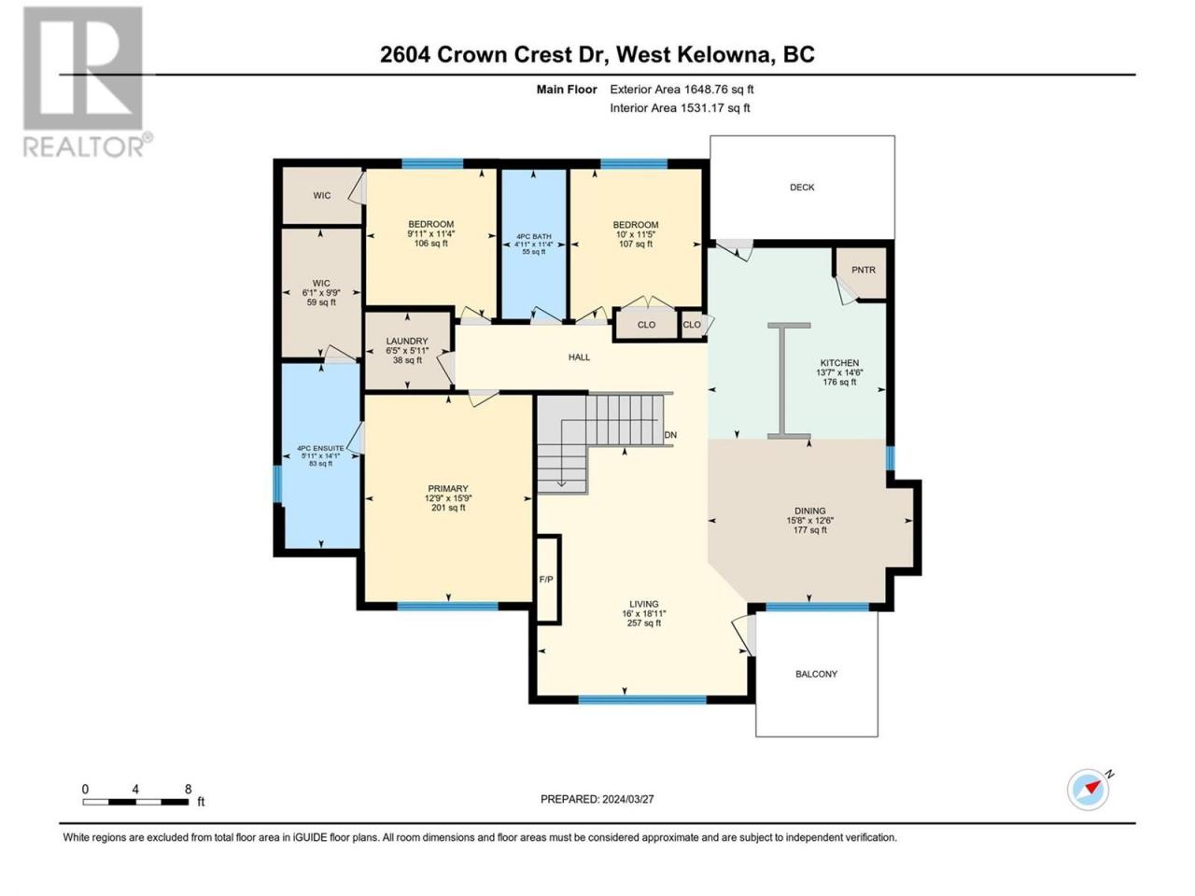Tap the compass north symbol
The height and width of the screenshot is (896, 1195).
[1088, 789]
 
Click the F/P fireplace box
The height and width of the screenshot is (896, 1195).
[548, 579]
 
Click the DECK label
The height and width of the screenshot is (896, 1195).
[802, 188]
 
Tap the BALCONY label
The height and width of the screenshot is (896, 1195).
[816, 674]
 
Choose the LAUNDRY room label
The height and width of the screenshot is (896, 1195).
[407, 341]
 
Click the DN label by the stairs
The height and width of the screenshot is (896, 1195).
[670, 435]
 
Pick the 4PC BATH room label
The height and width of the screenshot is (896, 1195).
[533, 237]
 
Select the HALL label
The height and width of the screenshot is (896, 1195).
[579, 357]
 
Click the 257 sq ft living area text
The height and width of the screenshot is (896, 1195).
[644, 623]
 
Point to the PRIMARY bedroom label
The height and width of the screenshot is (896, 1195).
[448, 488]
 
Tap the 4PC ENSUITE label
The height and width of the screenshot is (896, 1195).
[320, 448]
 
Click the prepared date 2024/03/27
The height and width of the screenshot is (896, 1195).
[627, 799]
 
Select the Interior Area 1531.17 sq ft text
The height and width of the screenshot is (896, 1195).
[680, 107]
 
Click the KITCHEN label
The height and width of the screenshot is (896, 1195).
[839, 363]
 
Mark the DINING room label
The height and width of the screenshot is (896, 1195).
[810, 511]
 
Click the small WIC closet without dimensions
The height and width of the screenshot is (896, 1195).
[322, 195]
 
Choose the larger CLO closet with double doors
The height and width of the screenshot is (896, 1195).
[646, 325]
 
